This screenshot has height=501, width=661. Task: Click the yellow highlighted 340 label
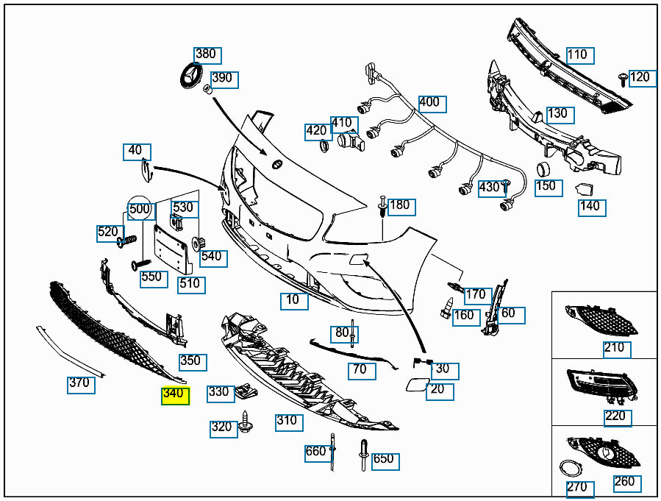point(176,396)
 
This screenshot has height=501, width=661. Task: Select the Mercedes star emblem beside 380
point(190,76)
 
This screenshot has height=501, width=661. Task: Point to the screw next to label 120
point(623,79)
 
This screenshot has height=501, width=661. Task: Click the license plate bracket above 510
point(174,249)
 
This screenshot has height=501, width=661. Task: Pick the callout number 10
point(294,301)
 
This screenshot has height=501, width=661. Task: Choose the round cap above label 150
point(543,169)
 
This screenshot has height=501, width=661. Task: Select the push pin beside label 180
point(382,207)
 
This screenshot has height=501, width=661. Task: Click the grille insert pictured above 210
point(601,320)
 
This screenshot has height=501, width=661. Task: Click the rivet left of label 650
point(364,455)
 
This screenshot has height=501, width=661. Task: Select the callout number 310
point(289,422)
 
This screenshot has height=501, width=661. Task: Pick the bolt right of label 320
point(246,422)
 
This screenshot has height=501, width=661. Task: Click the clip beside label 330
point(246,392)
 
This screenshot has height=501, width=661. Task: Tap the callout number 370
point(81,385)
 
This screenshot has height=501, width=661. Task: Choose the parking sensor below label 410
point(350,142)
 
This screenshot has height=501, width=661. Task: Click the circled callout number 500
point(140,208)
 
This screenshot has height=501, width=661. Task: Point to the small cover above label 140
point(585,190)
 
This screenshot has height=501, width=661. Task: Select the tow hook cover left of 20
point(417,385)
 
